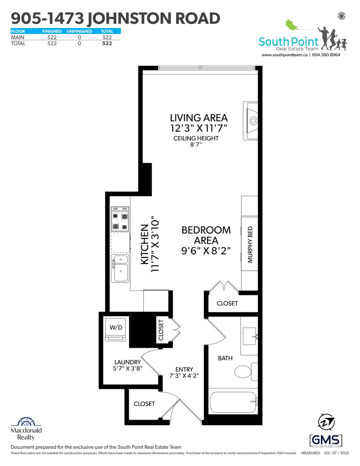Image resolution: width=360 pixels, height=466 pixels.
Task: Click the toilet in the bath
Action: [246, 371]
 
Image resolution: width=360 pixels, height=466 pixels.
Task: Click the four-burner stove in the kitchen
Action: [120, 219]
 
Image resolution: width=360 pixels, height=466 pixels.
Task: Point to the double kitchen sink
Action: [120, 268]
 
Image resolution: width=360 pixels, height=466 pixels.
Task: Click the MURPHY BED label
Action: [250, 245]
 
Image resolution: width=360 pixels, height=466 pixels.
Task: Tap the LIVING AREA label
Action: [199, 118]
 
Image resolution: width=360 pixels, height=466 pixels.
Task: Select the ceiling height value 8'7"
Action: [196, 144]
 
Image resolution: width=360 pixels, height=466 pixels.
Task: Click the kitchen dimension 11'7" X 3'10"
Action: [155, 244]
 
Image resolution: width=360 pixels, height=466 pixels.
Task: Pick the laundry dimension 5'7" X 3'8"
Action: [128, 369]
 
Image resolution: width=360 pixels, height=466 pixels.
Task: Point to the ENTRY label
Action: [184, 369]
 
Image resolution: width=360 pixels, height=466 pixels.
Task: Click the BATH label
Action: [225, 358]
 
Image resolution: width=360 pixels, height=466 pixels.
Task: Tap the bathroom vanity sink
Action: [249, 336]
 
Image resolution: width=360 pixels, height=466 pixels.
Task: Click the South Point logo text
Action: [289, 42]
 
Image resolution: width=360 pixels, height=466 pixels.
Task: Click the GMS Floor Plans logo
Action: [326, 441]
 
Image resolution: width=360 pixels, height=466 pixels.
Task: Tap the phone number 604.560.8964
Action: [326, 55]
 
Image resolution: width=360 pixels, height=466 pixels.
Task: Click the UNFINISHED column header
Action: [79, 31]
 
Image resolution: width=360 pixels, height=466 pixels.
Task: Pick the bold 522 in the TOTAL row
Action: [107, 43]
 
